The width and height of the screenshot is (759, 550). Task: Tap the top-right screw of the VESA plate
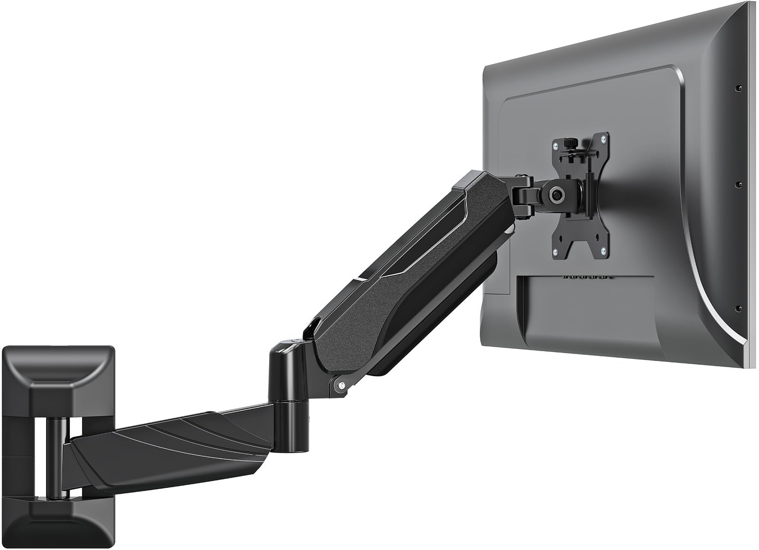[603, 138]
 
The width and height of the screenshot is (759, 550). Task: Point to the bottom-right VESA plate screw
[604, 251]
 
